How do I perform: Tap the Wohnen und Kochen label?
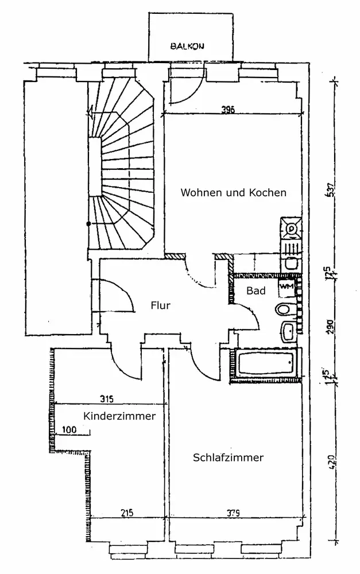[x=233, y=193]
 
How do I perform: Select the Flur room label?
[x=161, y=305]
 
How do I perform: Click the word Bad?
[x=256, y=291]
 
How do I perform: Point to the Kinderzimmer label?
[x=119, y=416]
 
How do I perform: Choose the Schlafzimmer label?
[x=228, y=457]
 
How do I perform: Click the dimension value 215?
[x=127, y=513]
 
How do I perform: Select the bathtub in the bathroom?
[x=265, y=365]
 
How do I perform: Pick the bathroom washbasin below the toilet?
[x=288, y=331]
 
